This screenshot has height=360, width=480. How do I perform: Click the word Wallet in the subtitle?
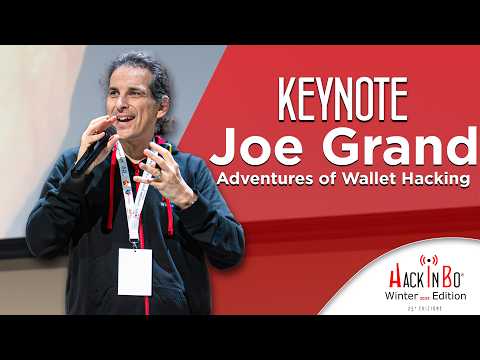pyautogui.click(x=365, y=183)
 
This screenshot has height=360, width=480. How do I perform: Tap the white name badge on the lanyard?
pyautogui.click(x=134, y=271)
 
